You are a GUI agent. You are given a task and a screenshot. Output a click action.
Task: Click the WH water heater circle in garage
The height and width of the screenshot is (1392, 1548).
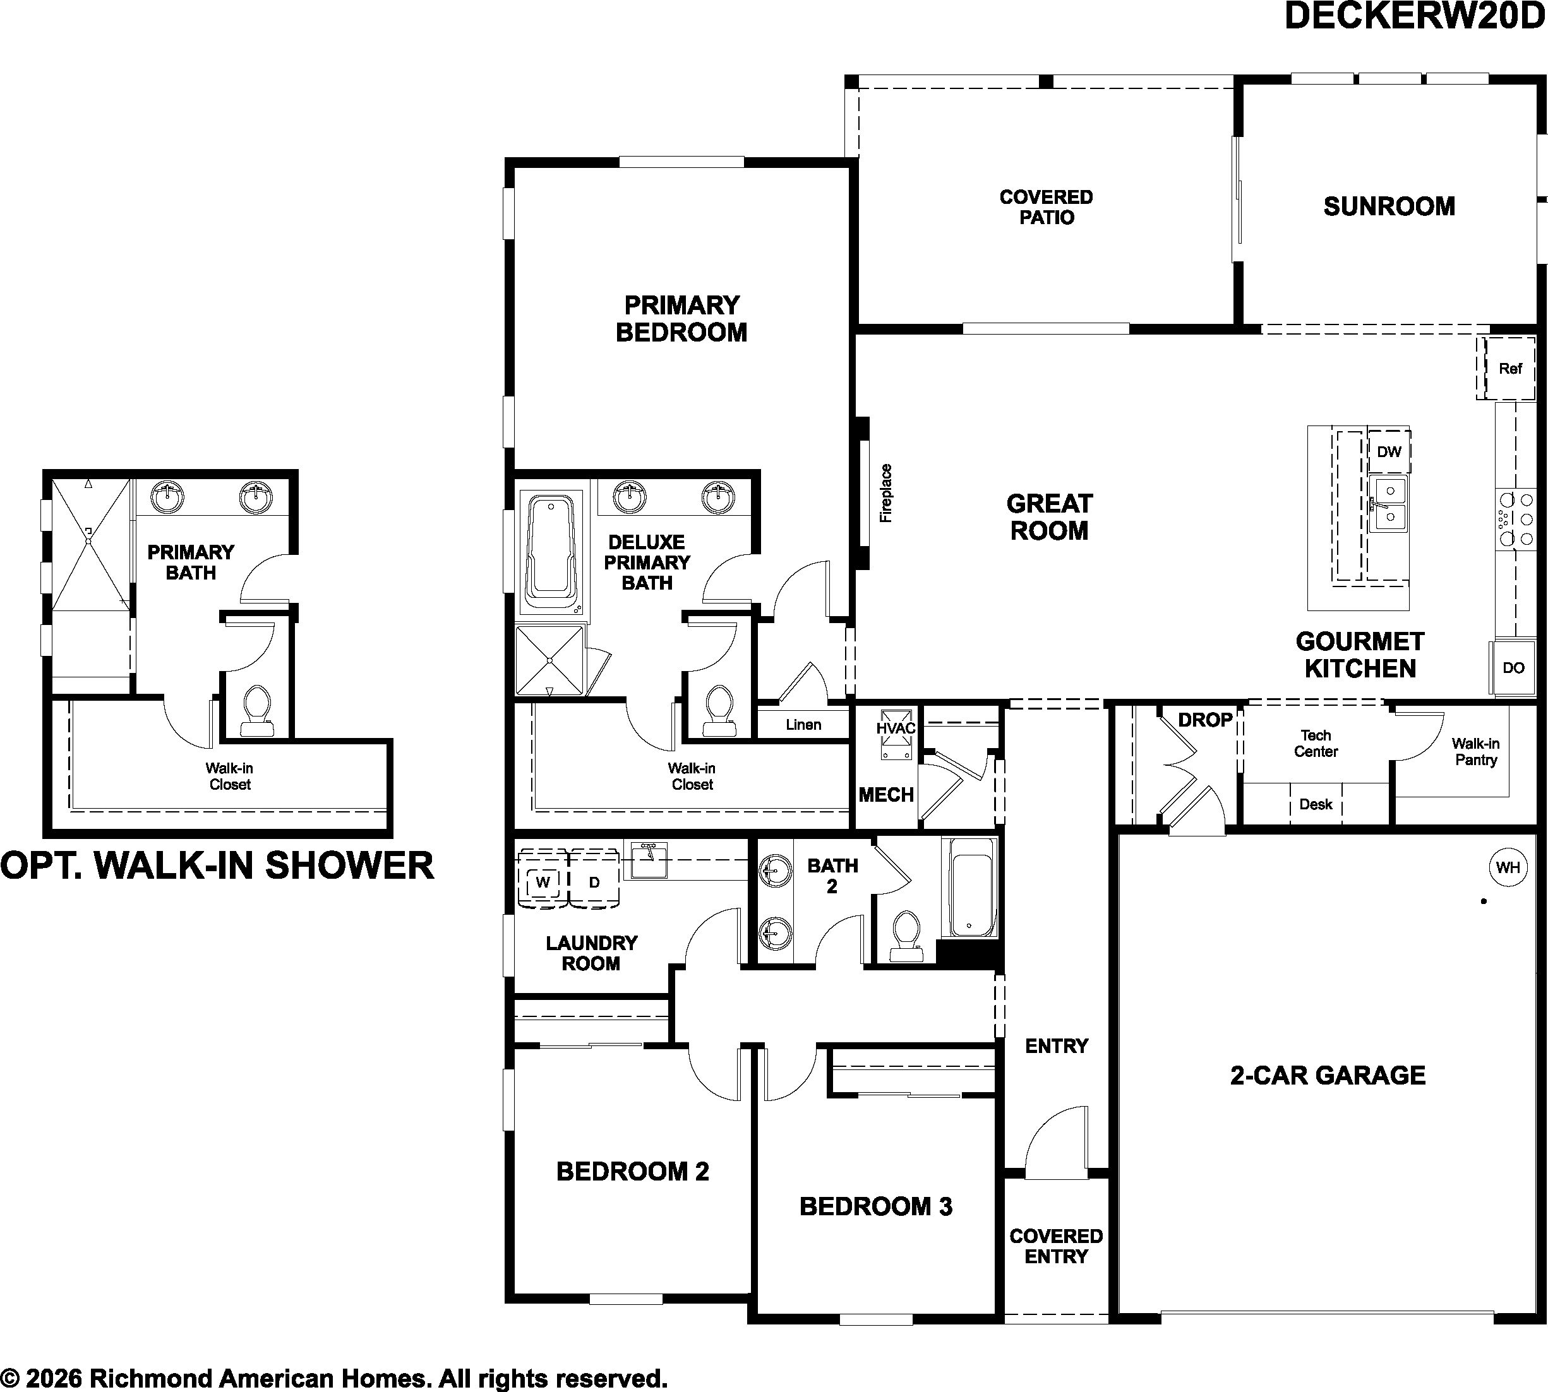(1508, 867)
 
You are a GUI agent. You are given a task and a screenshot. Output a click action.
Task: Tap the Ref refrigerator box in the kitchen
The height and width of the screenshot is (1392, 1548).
(1509, 369)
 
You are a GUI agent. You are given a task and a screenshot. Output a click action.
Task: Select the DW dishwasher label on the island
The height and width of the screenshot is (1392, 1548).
(1389, 451)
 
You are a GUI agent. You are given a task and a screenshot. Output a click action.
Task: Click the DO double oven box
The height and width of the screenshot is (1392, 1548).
(1513, 668)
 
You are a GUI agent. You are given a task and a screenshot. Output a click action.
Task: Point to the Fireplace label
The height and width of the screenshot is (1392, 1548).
(886, 493)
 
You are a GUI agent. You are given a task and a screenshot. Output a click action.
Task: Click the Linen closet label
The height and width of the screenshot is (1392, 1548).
(803, 724)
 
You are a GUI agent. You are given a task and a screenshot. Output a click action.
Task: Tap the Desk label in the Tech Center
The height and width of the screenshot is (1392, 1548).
(1316, 804)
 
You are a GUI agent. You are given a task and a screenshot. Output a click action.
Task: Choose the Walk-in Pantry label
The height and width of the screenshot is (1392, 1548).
(1475, 751)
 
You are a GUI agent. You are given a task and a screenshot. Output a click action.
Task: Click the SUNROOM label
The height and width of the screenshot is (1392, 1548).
(1389, 206)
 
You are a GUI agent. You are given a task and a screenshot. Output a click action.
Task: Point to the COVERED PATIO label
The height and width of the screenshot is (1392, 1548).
(1046, 207)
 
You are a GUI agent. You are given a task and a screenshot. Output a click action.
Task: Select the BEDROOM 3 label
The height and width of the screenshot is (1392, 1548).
(876, 1206)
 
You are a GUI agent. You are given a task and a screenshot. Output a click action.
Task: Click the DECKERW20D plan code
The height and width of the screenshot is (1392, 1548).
(1415, 17)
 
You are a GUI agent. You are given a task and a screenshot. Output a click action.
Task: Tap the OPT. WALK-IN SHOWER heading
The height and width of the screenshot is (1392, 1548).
(217, 865)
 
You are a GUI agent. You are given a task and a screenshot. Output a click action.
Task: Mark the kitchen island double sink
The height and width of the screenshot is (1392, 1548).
(1388, 505)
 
